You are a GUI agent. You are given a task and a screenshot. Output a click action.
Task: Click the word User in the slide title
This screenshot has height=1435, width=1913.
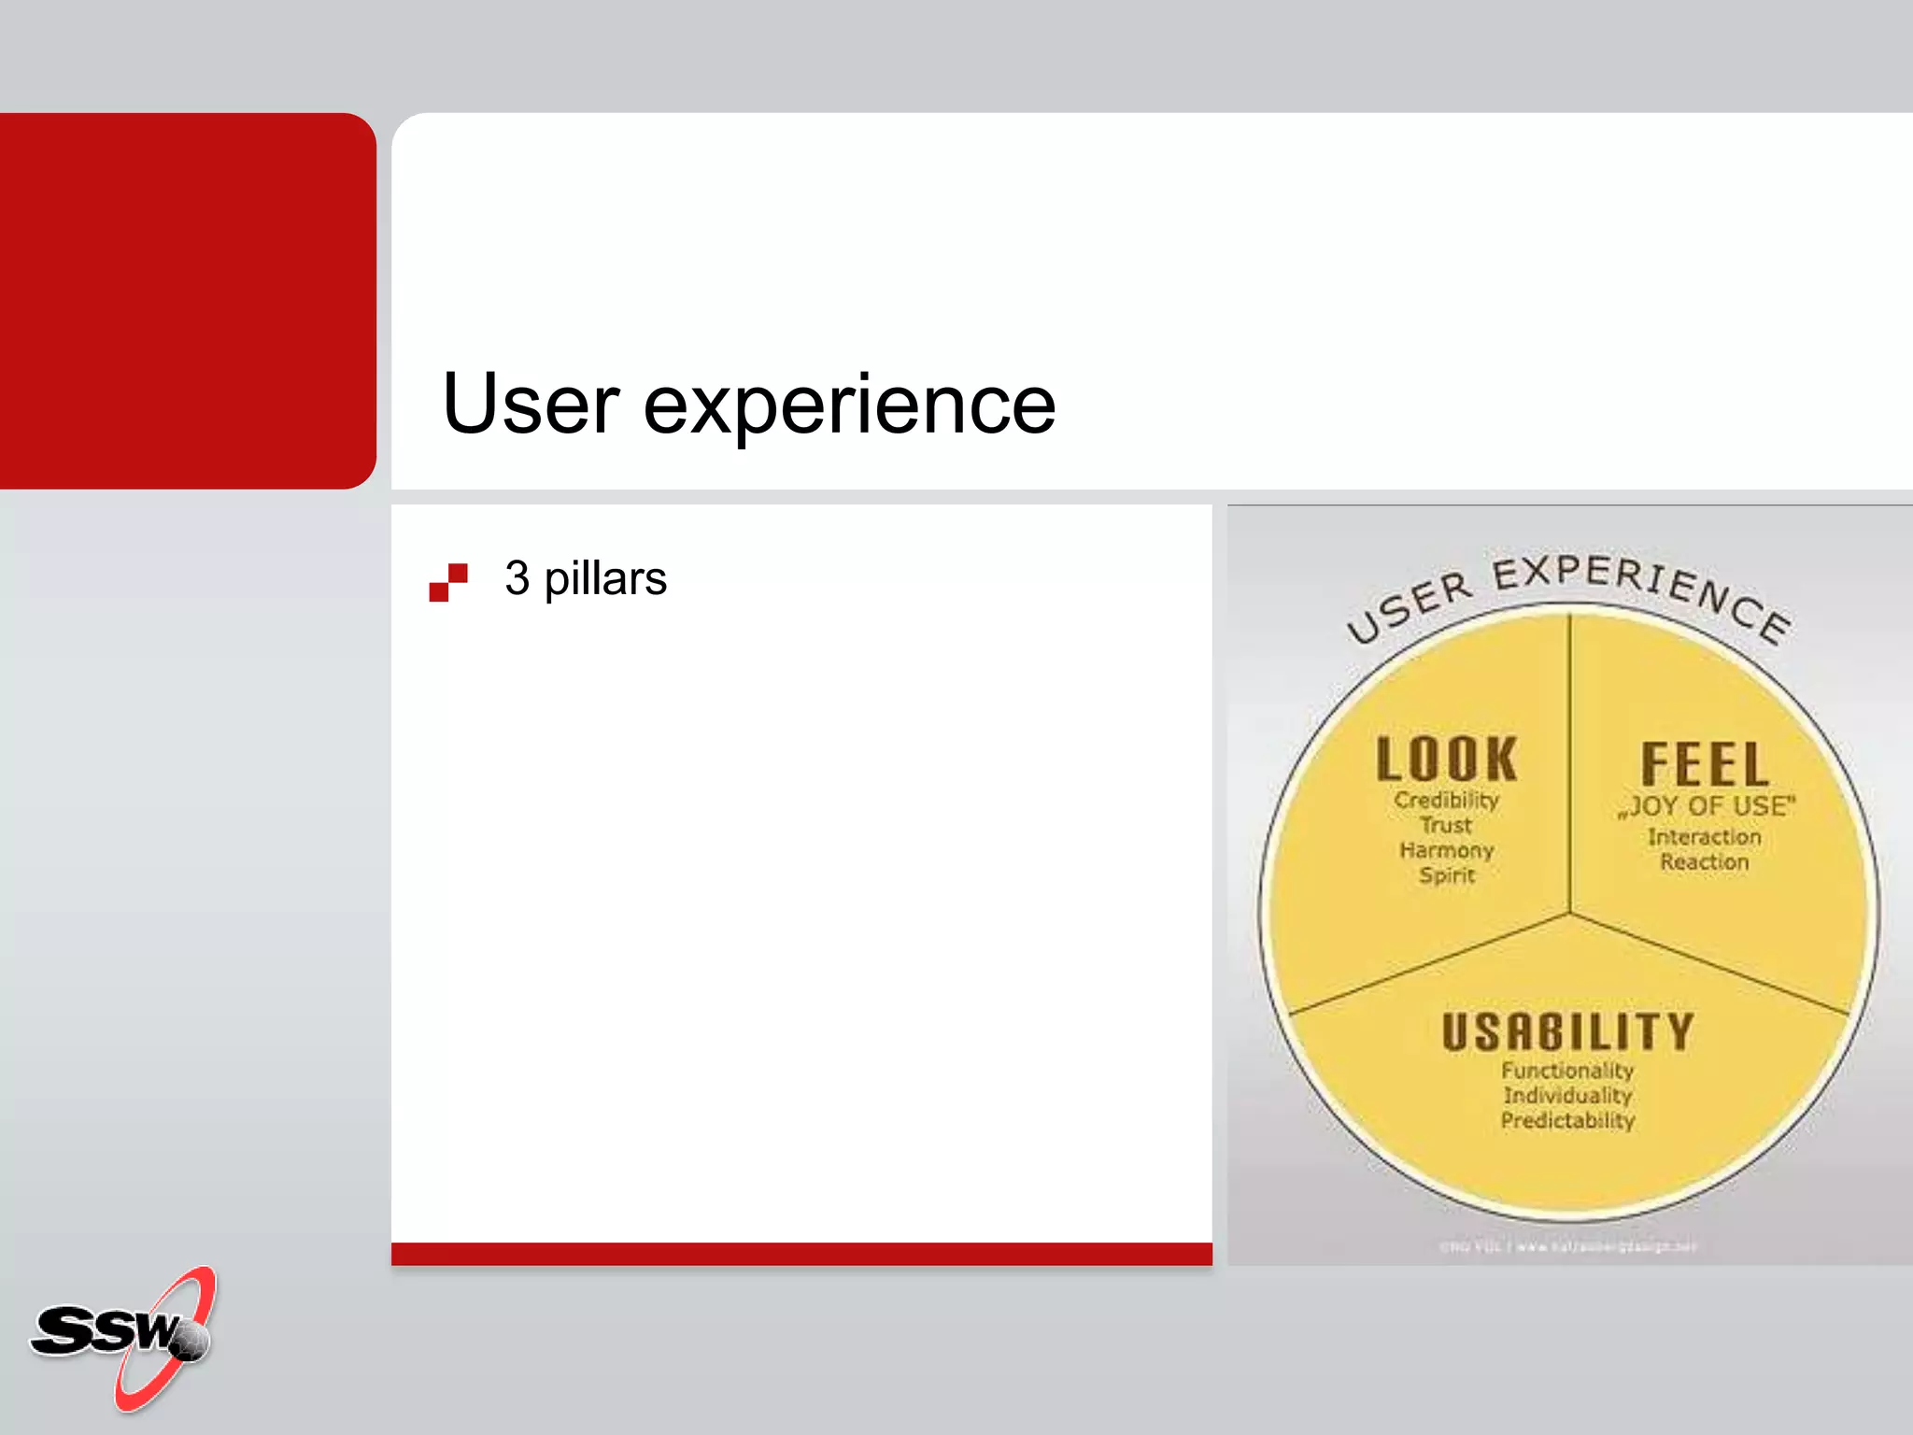(531, 404)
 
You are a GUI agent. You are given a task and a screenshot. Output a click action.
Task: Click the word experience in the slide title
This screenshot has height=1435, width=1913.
(849, 406)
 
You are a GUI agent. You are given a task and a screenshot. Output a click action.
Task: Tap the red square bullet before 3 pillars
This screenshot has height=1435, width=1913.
(448, 582)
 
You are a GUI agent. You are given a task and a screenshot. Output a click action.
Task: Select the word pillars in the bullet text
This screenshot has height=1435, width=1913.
(605, 579)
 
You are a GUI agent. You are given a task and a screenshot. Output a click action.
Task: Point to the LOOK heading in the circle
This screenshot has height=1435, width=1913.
(1446, 759)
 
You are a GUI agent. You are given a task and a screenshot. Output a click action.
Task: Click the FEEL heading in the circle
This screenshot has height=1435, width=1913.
(1705, 764)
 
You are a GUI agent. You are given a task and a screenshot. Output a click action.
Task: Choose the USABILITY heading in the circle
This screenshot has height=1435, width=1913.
(1567, 1032)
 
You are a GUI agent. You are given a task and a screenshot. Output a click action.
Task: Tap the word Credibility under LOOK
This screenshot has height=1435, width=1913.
(1446, 801)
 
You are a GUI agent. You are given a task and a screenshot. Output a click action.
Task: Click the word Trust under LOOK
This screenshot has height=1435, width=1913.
(1446, 825)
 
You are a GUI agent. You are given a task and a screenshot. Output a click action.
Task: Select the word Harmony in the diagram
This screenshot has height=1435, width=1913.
(1446, 850)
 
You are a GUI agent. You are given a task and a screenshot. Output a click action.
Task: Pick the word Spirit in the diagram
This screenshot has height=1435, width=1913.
(1447, 875)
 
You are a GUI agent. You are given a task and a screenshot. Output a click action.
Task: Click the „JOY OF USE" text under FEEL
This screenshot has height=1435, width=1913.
(1707, 806)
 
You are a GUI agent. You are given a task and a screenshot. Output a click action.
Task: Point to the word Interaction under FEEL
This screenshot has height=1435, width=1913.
(1705, 837)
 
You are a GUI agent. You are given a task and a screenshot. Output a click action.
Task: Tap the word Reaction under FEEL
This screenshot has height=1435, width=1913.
(1705, 862)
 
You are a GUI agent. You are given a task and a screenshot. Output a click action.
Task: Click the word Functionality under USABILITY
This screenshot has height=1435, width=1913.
(1567, 1071)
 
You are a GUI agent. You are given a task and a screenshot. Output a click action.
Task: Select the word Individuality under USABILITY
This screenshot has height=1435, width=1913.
(1567, 1095)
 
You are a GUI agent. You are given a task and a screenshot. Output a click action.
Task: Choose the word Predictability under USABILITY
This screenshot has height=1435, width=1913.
(1567, 1120)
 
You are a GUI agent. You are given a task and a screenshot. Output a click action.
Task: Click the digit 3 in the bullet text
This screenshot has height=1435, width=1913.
(517, 578)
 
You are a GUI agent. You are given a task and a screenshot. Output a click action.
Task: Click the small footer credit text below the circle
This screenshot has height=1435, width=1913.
(1567, 1246)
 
